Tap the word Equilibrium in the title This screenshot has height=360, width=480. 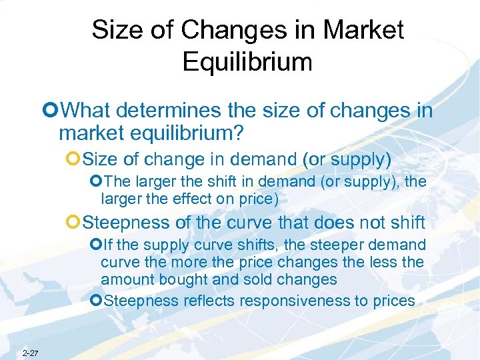pos(247,62)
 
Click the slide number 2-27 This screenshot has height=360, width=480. pos(30,353)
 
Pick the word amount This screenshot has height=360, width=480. pos(123,280)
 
